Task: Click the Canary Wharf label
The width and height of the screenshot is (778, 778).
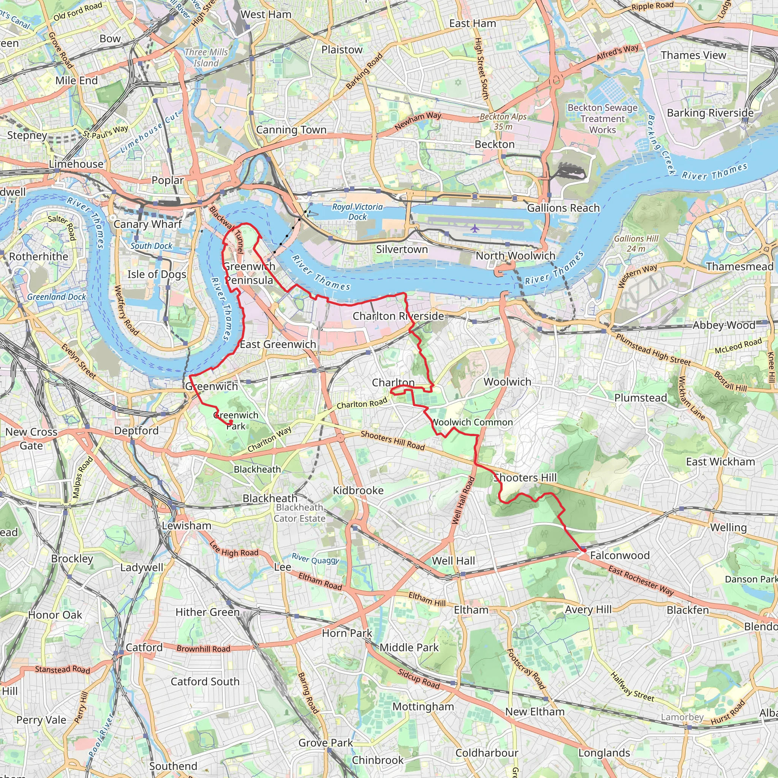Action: [x=147, y=224]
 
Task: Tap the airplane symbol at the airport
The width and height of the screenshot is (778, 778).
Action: [x=475, y=229]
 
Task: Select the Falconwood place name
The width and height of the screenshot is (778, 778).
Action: [x=619, y=555]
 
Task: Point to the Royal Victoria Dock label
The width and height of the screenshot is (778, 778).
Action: [x=357, y=212]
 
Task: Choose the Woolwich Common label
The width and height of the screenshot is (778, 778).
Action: [x=472, y=422]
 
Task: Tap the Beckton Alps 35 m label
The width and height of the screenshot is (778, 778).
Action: [x=503, y=121]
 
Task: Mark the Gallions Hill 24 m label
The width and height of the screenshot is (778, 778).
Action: [x=636, y=243]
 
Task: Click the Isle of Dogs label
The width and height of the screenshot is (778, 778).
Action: [x=157, y=274]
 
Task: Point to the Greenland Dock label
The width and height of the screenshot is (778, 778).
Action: [x=56, y=297]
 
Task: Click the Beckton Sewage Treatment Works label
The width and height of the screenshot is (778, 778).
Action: [x=602, y=119]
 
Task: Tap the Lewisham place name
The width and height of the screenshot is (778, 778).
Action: [x=187, y=525]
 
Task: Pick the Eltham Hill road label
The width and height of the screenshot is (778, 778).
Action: [x=427, y=599]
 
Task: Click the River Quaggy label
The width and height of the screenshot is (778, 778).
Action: [x=315, y=558]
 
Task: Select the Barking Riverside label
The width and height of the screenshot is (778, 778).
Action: [x=710, y=113]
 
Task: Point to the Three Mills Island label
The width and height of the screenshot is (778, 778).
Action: [x=206, y=58]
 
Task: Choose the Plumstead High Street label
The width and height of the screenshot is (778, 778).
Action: [x=653, y=349]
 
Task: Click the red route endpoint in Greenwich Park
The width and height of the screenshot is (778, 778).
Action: [x=230, y=422]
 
